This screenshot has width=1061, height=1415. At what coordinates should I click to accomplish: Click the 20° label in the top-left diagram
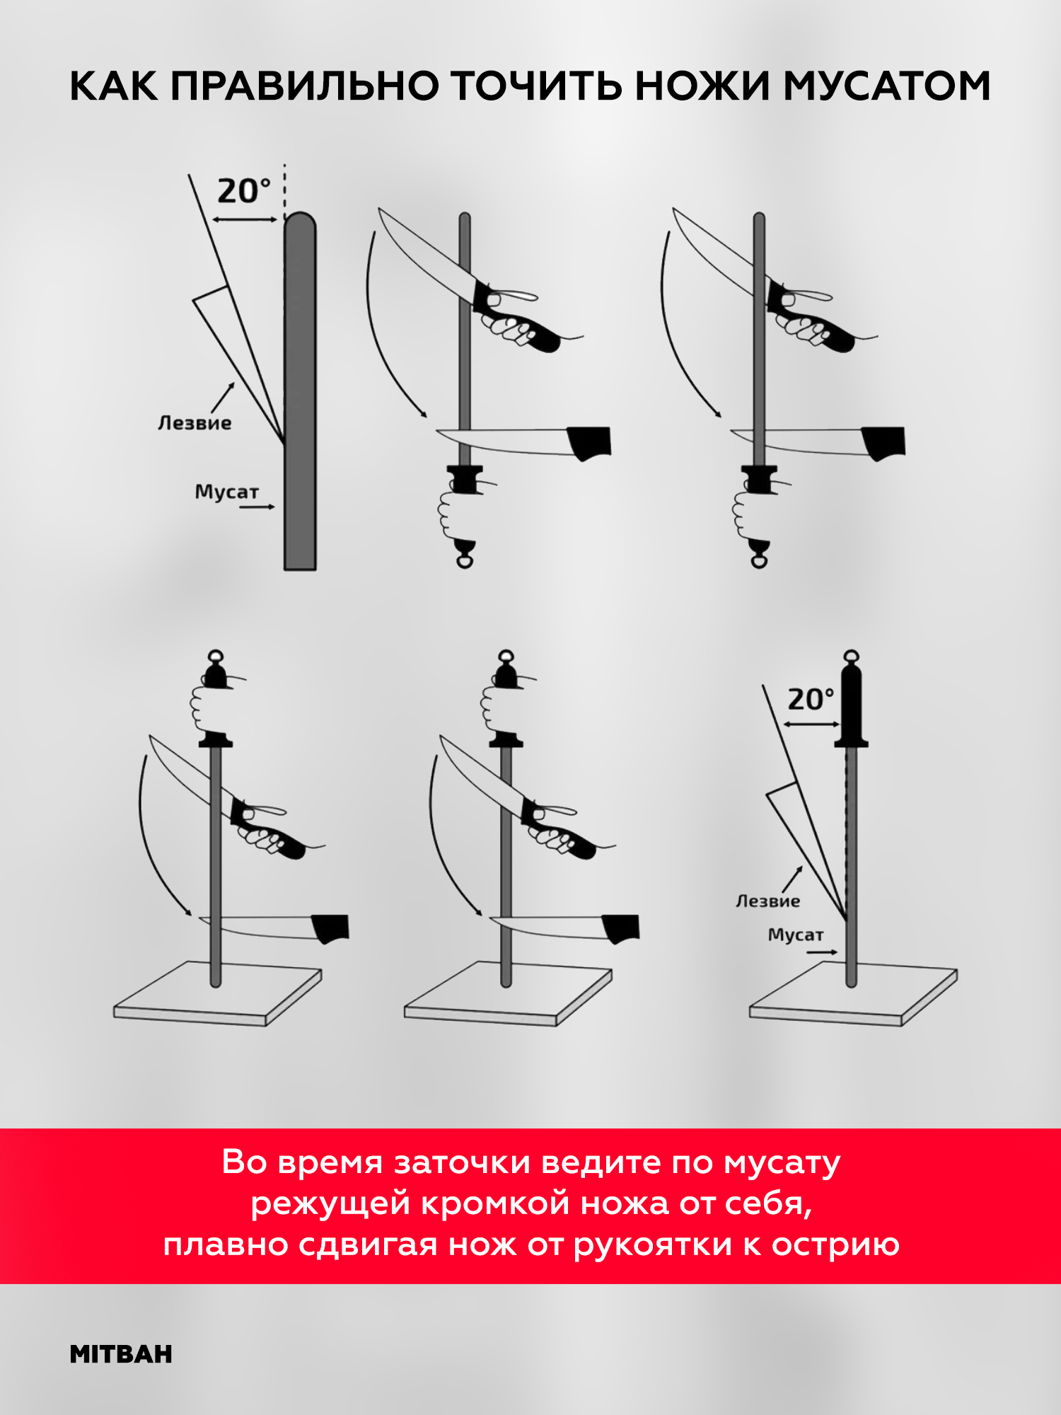pos(244,191)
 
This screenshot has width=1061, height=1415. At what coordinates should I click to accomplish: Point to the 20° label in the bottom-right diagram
pos(811,699)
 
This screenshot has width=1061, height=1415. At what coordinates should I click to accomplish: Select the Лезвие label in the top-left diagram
pos(195,423)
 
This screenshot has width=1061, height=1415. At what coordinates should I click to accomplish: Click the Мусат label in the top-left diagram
pos(227,492)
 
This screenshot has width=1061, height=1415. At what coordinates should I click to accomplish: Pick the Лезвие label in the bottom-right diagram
pos(767,901)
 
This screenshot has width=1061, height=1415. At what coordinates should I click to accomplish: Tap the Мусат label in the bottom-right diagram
pos(796,935)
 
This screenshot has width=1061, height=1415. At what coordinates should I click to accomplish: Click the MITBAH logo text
pos(121,1354)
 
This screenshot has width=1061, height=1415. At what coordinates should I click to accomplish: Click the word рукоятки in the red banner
pos(652,1245)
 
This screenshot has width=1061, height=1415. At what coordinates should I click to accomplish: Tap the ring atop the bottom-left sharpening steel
pos(216,656)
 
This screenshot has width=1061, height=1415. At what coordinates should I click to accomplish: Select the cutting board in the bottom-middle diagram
pos(508,993)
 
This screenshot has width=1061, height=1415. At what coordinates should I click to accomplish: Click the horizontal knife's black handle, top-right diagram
pos(883,443)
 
